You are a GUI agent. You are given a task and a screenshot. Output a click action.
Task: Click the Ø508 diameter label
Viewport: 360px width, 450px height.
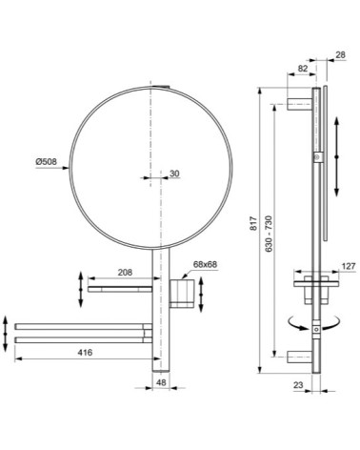(48, 162)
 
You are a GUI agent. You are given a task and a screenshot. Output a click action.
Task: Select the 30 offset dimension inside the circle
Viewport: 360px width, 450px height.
(173, 174)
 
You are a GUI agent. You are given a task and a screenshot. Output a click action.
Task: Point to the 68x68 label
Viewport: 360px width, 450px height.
(205, 265)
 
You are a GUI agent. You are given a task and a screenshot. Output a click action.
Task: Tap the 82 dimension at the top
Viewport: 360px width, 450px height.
(302, 70)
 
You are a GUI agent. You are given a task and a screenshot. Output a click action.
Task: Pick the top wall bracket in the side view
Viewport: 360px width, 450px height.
(302, 102)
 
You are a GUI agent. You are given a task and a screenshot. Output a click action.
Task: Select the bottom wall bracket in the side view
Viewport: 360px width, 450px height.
(302, 360)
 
